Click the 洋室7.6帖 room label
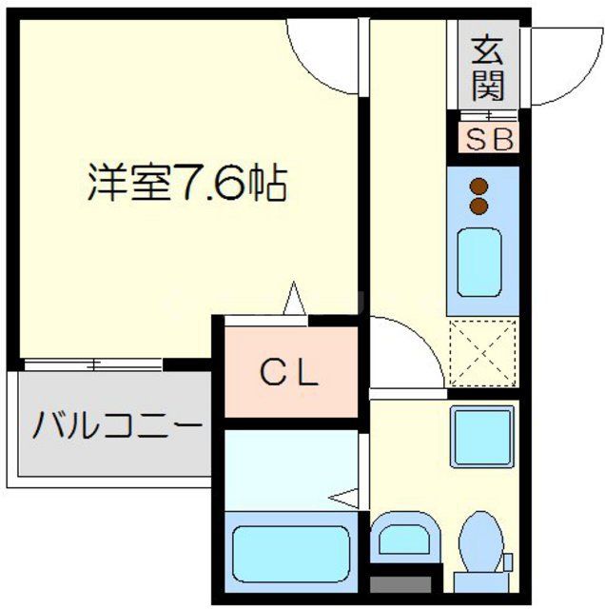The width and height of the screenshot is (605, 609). tap(186, 182)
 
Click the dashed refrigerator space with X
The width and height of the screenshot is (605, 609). tap(483, 354)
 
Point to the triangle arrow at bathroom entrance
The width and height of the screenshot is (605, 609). tap(344, 496)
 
